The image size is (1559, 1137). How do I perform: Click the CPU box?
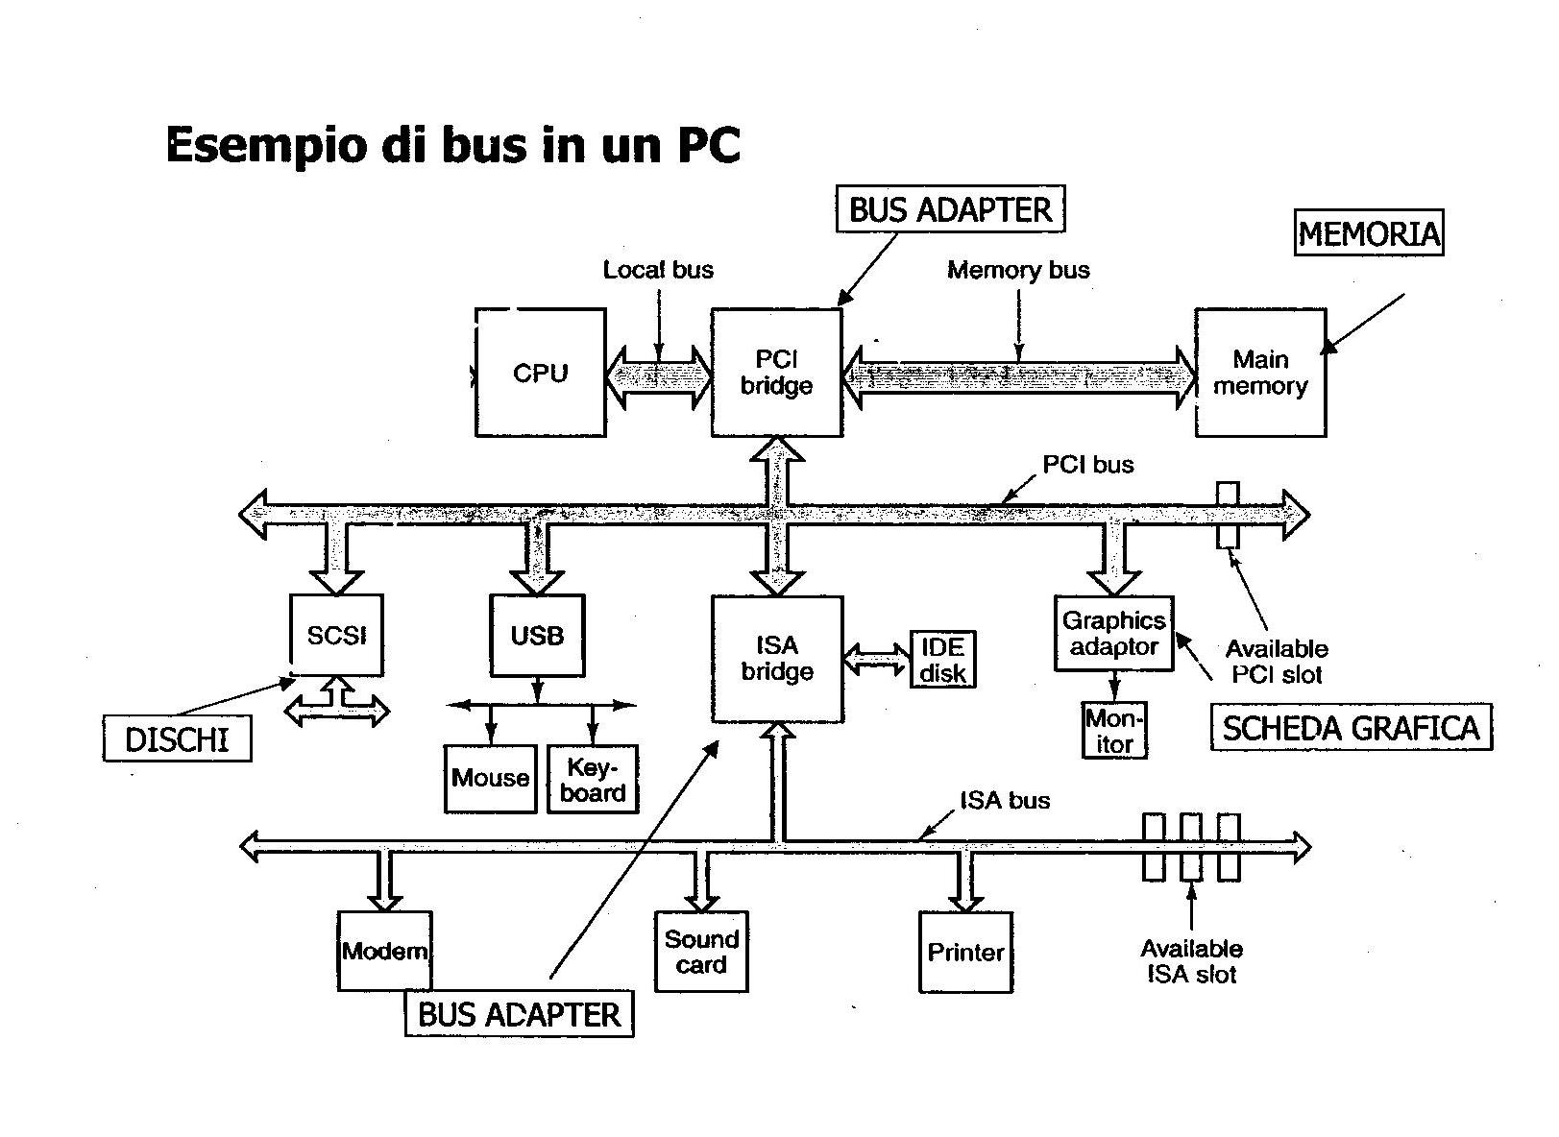coord(540,373)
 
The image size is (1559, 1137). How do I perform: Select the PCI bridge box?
coord(776,373)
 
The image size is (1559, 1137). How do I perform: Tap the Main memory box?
coord(1260,373)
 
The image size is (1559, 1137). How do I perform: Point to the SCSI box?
coord(336,635)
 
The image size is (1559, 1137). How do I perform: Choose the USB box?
coord(537,635)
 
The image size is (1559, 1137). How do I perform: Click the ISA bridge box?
coord(777,659)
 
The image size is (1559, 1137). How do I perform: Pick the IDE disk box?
coord(942,660)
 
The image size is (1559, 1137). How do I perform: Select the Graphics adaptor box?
coord(1113,634)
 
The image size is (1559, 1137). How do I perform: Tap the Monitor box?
coord(1114,732)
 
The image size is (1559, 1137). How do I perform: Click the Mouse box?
coord(490,779)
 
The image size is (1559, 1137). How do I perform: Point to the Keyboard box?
coord(593,780)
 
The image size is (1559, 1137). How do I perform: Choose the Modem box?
coord(384,951)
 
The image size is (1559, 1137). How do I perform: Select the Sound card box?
coord(701,952)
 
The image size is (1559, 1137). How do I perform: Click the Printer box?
coord(965,952)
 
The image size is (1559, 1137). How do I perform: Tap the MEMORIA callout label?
coord(1369,233)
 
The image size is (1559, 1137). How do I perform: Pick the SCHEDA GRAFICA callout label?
coord(1351,728)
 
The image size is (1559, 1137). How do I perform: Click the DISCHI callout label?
coord(177,738)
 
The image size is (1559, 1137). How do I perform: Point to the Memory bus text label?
coord(1018,270)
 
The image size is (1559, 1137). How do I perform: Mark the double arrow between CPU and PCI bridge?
coord(659,374)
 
